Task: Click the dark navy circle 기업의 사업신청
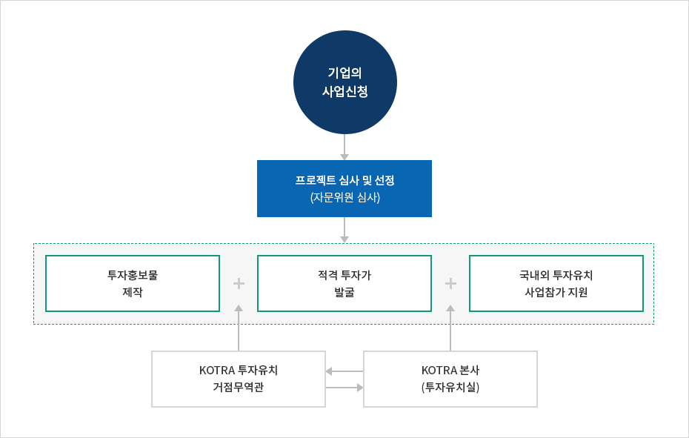pos(345,82)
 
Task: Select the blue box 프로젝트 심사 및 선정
pos(344,188)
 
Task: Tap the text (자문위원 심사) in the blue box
pos(345,197)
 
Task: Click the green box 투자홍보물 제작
pos(133,283)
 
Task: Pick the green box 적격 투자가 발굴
pos(344,283)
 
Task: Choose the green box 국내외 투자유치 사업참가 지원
pos(556,283)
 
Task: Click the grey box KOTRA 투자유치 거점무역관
pos(239,379)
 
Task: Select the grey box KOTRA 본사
pos(450,379)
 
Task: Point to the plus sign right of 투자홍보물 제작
pos(239,284)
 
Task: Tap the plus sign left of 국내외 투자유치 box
pos(450,284)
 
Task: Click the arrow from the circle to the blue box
pos(344,147)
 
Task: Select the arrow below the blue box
pos(344,230)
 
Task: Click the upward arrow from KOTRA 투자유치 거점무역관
pos(239,328)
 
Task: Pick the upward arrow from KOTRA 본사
pos(450,328)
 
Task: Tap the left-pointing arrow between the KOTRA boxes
pos(344,371)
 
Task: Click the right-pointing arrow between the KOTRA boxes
pos(344,388)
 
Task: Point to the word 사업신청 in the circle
pos(345,91)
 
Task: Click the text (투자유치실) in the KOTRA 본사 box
pos(450,388)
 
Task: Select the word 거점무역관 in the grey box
pos(238,387)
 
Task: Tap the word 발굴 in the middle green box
pos(344,292)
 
